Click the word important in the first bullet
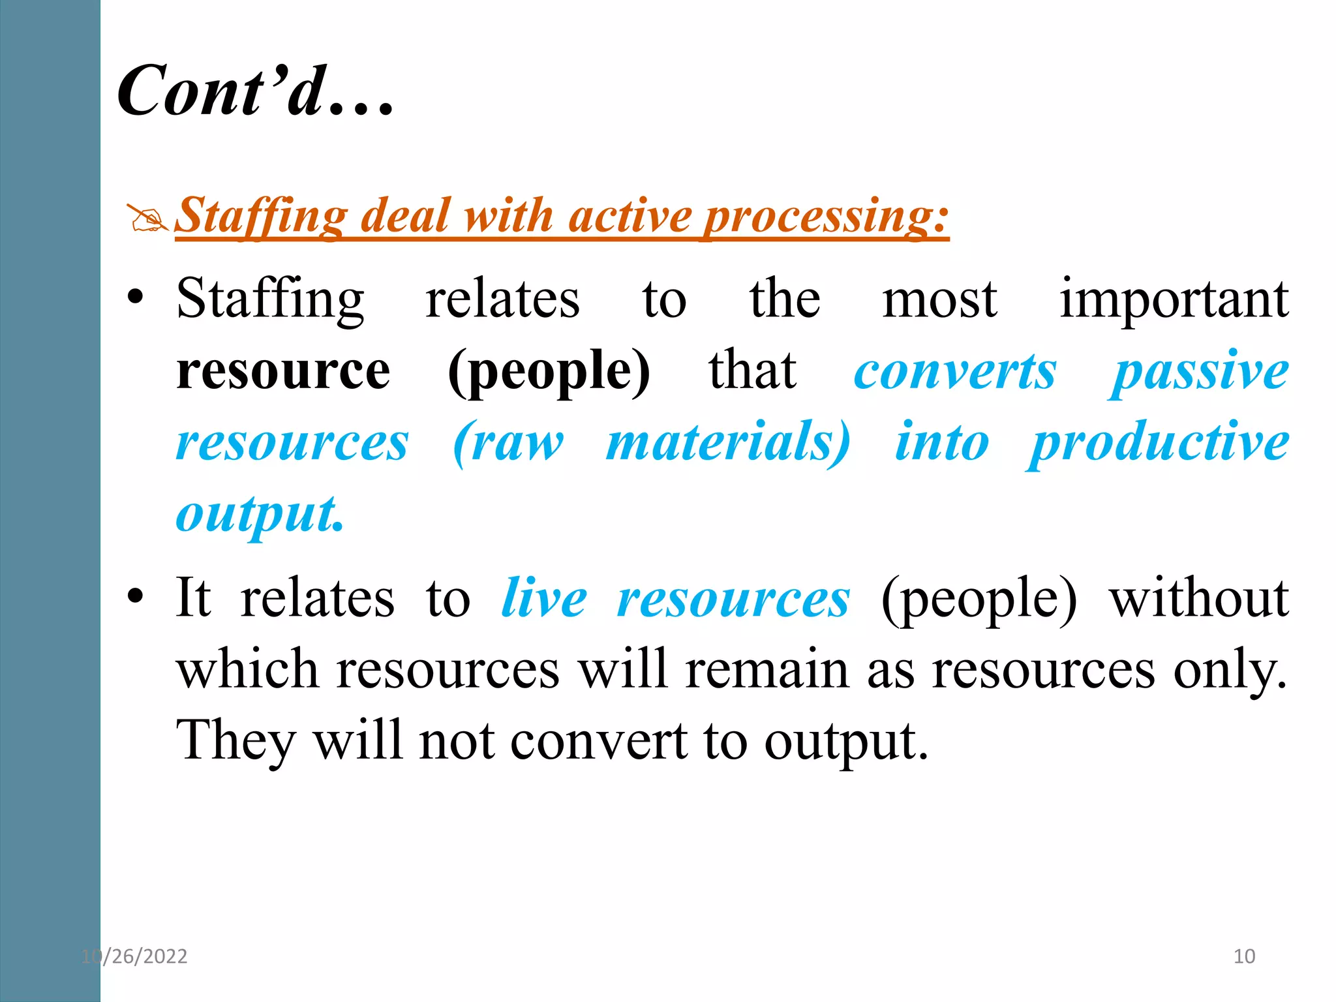coord(1174,301)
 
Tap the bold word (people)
coord(549,372)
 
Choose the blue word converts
coord(955,372)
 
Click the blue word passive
coord(1200,372)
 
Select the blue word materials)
coord(728,443)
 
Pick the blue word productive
coord(1159,443)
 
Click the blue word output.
coord(259,515)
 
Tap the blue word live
coord(544,598)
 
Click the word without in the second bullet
coord(1199,598)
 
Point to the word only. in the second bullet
coord(1230,670)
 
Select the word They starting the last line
coord(236,742)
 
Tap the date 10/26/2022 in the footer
coord(134,956)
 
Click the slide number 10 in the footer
coord(1244,956)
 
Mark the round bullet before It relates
coord(135,597)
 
